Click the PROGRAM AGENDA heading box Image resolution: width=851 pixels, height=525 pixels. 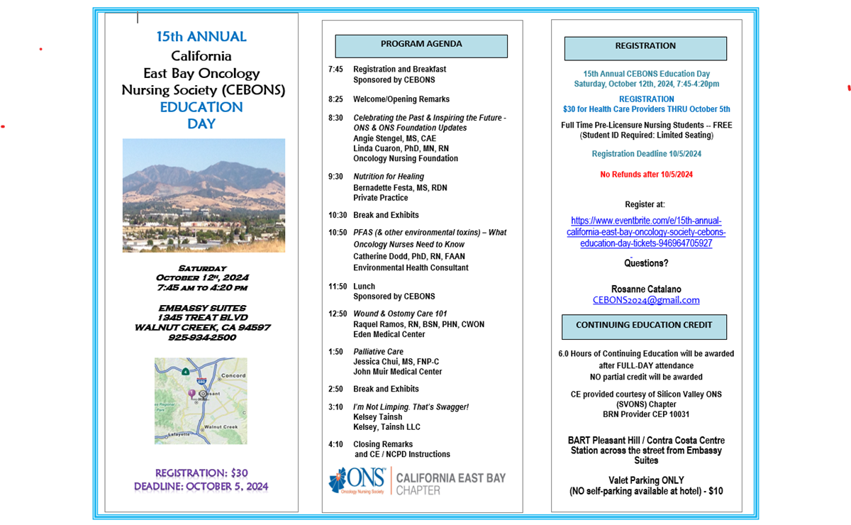click(x=421, y=45)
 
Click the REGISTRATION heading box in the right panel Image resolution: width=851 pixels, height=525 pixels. click(x=645, y=48)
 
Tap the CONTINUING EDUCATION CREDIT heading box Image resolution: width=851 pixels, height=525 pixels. click(x=644, y=326)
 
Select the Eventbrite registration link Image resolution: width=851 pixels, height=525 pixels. click(x=646, y=232)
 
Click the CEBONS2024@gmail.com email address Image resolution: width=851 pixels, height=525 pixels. click(x=646, y=300)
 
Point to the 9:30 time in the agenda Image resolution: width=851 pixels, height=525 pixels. click(x=335, y=177)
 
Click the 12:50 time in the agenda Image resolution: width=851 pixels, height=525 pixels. click(x=338, y=314)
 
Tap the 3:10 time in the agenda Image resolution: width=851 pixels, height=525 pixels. click(x=335, y=407)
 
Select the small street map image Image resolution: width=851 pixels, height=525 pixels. click(x=201, y=401)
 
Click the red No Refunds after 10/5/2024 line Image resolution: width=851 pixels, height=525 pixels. click(x=646, y=175)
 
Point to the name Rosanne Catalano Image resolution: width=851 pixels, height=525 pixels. click(x=646, y=289)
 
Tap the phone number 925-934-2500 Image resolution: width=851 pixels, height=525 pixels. click(x=203, y=338)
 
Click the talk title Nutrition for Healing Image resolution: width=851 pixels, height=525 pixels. click(x=389, y=177)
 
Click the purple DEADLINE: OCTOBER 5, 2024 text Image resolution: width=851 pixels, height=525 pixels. click(x=201, y=487)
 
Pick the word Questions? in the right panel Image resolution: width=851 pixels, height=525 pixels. click(x=646, y=263)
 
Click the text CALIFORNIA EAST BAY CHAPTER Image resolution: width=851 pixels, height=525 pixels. click(x=450, y=484)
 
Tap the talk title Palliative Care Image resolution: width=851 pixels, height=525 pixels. click(x=378, y=352)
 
